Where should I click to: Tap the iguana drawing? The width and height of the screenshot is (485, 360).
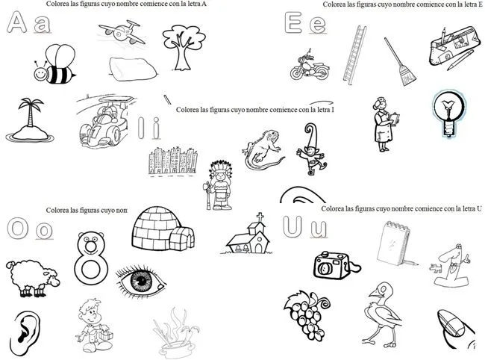pyautogui.click(x=260, y=148)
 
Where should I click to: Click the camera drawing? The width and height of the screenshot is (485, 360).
pyautogui.click(x=332, y=265)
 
